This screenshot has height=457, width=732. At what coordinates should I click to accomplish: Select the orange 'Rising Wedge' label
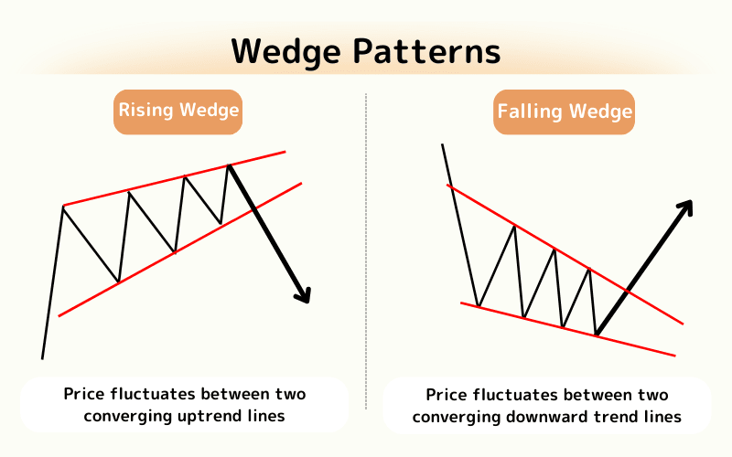(178, 112)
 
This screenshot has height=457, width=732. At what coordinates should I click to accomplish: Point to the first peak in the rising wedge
(63, 207)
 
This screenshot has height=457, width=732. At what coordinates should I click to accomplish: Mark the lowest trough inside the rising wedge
(118, 282)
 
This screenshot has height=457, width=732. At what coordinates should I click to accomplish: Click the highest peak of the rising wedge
(228, 165)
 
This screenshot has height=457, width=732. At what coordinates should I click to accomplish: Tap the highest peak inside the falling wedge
(514, 225)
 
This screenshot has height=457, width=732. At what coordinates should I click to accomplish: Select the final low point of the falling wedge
(596, 335)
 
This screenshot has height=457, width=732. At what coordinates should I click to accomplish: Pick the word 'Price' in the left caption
(84, 395)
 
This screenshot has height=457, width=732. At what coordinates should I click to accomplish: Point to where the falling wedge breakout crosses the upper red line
(627, 291)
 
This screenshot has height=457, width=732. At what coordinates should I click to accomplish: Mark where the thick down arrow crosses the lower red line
(253, 212)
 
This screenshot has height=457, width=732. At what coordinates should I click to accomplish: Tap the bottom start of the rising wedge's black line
(42, 357)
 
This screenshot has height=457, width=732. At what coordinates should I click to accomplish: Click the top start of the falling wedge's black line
(443, 144)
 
